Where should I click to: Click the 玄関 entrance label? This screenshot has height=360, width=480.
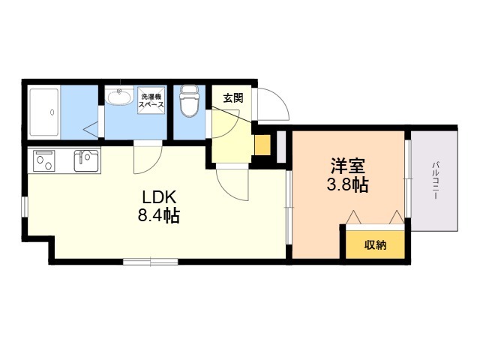click(233, 98)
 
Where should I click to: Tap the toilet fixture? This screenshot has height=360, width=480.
click(189, 100)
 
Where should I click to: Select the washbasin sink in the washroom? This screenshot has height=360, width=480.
click(120, 95)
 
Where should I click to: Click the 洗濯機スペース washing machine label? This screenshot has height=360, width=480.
click(151, 100)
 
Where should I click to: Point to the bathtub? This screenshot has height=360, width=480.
click(44, 112)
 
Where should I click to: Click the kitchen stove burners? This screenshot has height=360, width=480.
click(44, 160)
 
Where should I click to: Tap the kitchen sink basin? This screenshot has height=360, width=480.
click(86, 160)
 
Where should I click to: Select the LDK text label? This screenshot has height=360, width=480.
click(159, 197)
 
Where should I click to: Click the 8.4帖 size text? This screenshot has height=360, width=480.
click(158, 215)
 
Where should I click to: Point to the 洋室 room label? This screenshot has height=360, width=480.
click(347, 166)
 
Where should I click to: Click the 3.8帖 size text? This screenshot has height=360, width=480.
click(347, 184)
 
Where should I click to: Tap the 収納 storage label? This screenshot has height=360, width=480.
click(375, 245)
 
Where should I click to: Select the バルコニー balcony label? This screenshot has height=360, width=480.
click(435, 181)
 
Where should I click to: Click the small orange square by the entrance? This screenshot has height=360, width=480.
click(262, 145)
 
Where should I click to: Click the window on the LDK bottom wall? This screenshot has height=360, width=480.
click(151, 262)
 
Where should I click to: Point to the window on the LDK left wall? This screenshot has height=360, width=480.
click(25, 207)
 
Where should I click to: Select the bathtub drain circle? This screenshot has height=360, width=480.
click(52, 112)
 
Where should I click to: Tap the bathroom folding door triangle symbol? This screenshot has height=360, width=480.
click(92, 130)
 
